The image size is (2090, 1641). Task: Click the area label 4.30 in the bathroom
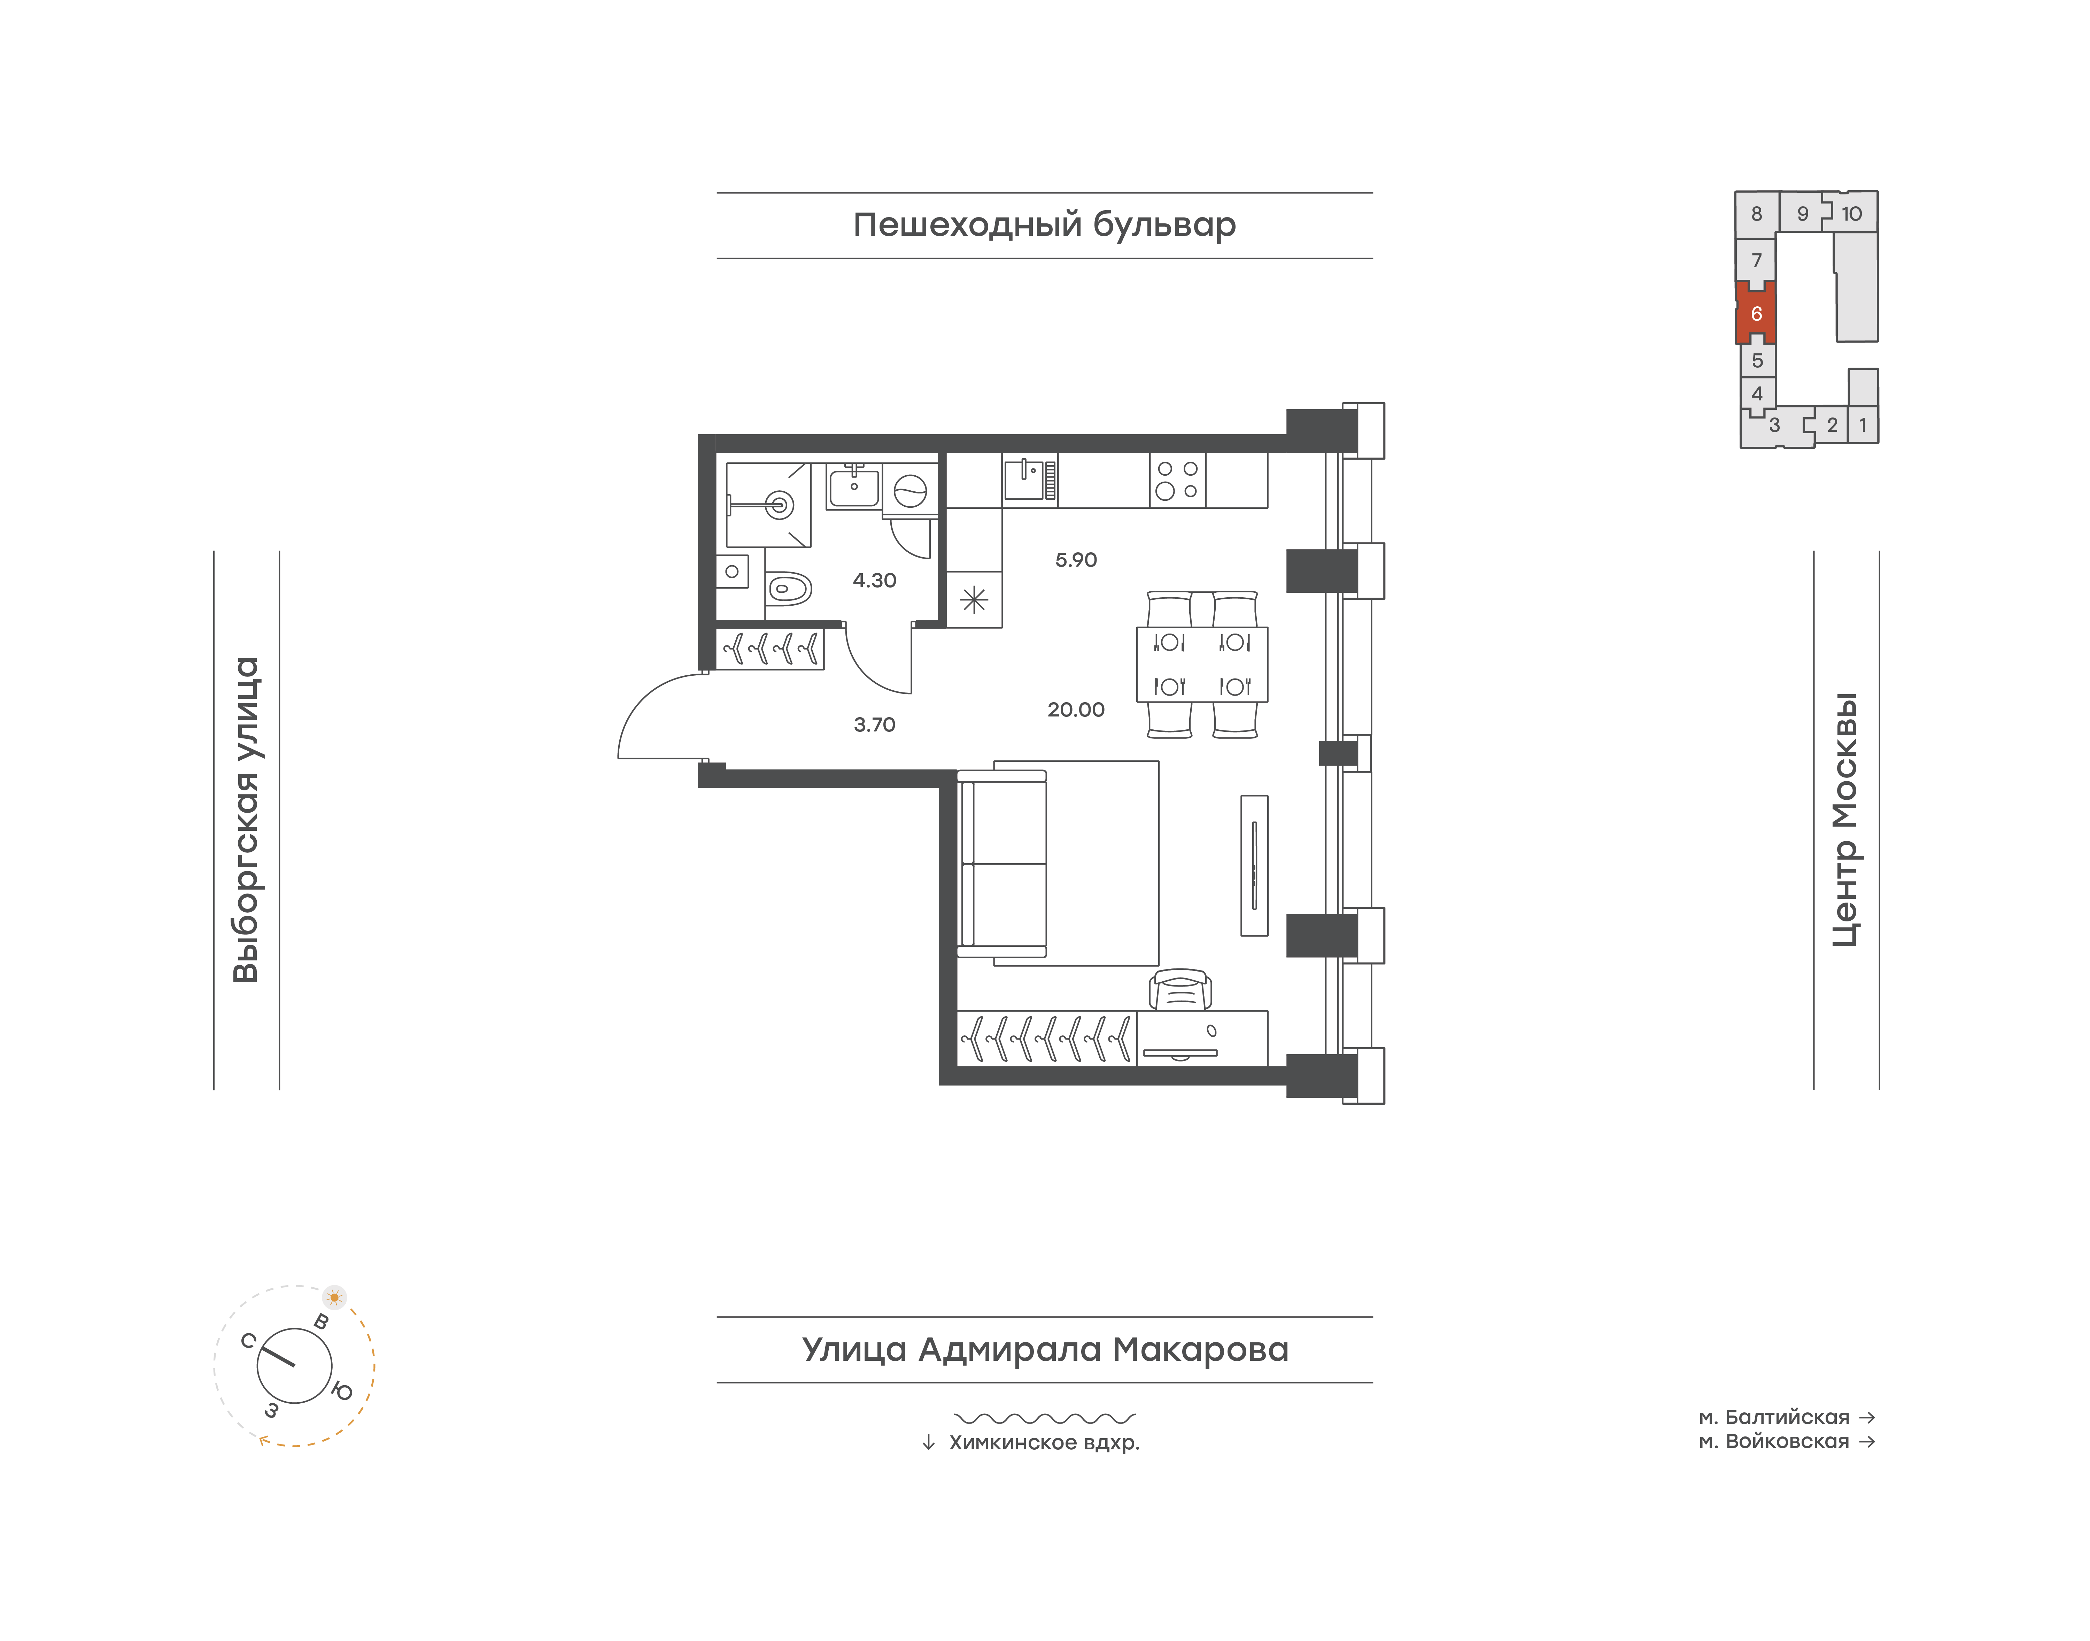[x=874, y=580]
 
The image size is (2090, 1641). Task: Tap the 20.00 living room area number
[x=1076, y=710]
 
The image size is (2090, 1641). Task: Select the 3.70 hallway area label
[x=874, y=724]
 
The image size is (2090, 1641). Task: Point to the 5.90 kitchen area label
[x=1076, y=559]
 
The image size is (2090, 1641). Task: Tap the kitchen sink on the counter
[x=1030, y=478]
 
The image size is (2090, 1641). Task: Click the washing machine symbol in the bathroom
[x=909, y=491]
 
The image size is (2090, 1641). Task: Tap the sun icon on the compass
[x=334, y=1297]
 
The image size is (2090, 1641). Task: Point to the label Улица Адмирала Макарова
[x=1045, y=1349]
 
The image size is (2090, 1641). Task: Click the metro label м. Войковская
[x=1774, y=1441]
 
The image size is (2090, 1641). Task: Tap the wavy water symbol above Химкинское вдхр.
[x=1045, y=1417]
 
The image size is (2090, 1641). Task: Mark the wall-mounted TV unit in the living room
[x=1254, y=865]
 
